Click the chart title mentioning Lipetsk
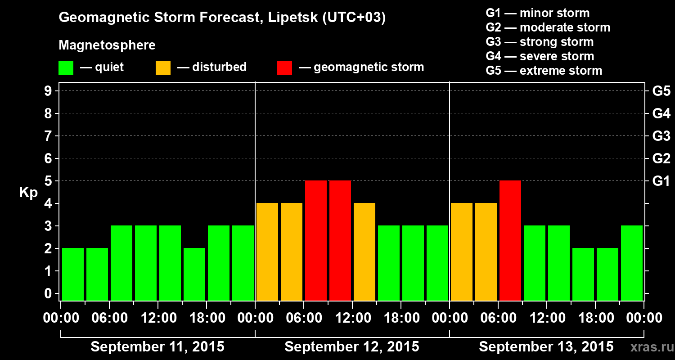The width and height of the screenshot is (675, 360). click(x=222, y=18)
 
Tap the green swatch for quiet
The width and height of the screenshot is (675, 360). click(x=66, y=68)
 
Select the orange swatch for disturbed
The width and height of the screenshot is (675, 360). click(x=163, y=68)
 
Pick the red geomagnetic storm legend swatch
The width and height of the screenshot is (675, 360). click(x=284, y=68)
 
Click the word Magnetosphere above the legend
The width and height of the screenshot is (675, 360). click(x=107, y=45)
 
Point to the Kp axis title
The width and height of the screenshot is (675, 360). click(x=28, y=193)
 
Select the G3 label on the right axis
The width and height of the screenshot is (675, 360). click(x=661, y=136)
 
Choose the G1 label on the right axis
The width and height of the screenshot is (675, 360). click(x=661, y=181)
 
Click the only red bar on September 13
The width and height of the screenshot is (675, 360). click(x=510, y=240)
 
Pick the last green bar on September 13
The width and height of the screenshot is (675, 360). click(x=632, y=263)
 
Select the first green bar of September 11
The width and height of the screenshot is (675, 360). click(x=73, y=274)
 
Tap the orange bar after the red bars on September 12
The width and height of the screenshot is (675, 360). click(x=364, y=252)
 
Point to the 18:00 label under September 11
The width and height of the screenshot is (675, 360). click(x=207, y=318)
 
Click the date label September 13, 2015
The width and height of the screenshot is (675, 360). click(x=546, y=347)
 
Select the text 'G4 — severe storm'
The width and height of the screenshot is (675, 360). click(x=540, y=56)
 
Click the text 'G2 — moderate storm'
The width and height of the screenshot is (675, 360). click(x=548, y=27)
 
